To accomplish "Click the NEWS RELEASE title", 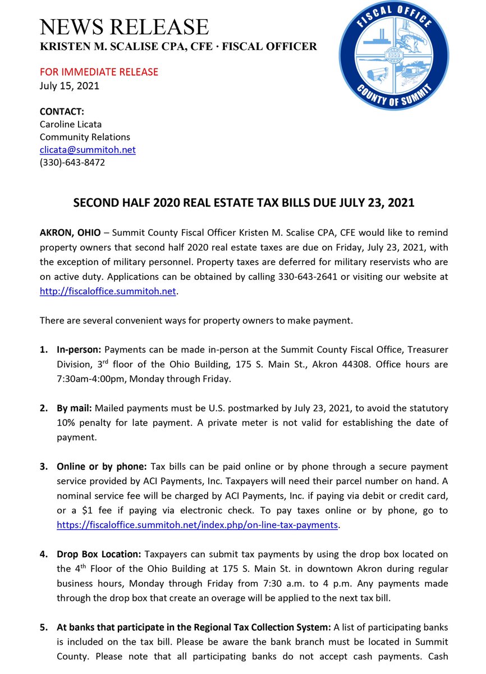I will [x=124, y=26].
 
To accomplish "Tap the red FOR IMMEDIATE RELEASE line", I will [x=99, y=72].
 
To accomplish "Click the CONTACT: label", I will [x=62, y=112].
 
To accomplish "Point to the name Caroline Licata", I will [x=71, y=124].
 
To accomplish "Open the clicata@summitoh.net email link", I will [x=88, y=150].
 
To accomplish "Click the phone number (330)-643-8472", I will [x=72, y=163].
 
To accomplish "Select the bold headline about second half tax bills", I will [x=244, y=203].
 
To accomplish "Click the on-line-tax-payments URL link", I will [x=198, y=525].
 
